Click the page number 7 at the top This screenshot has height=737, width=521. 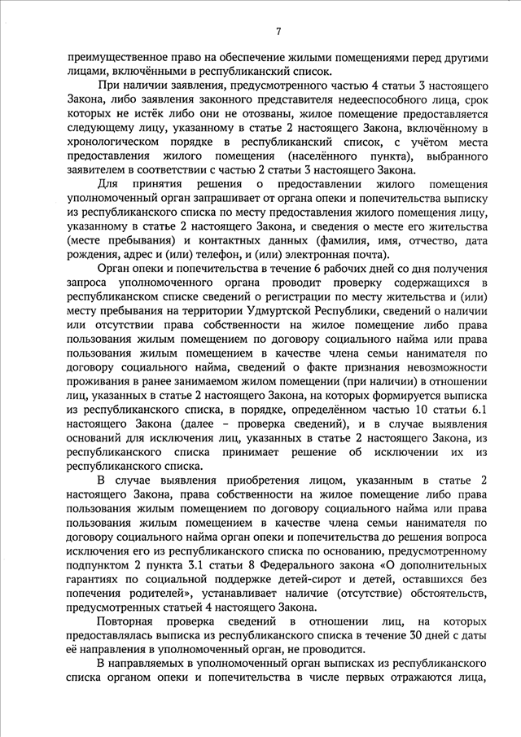point(278,32)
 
